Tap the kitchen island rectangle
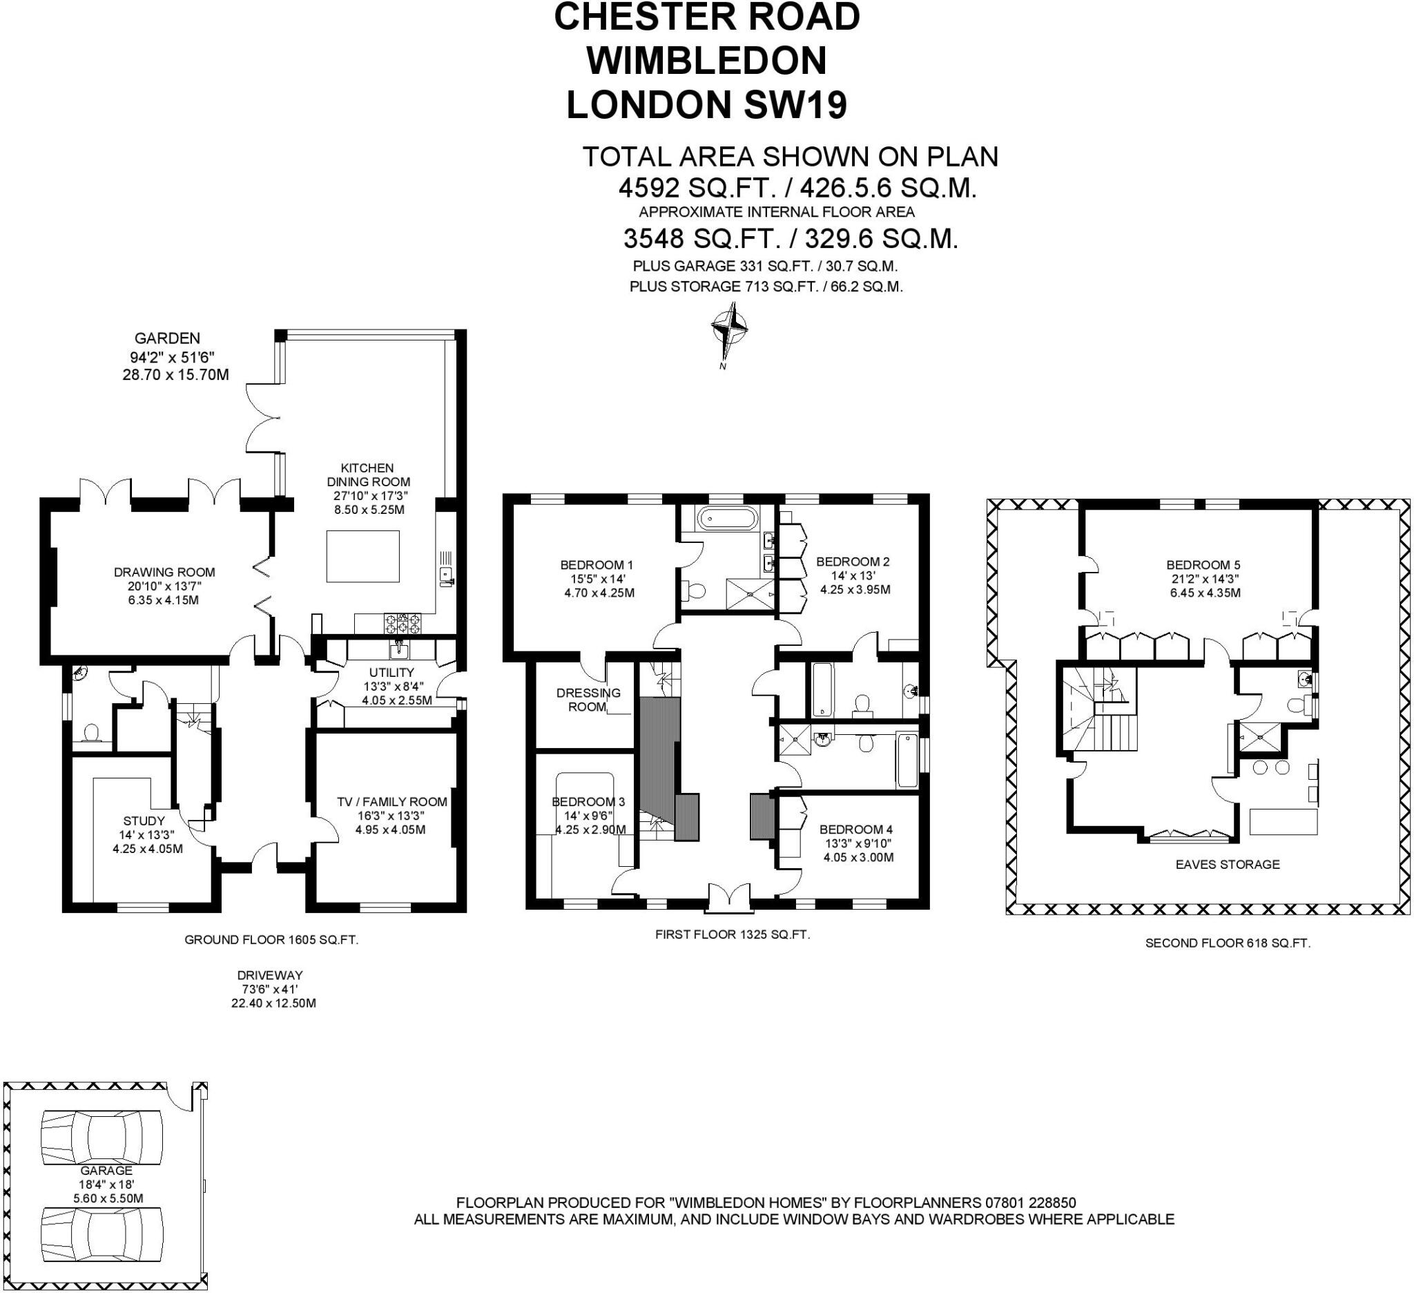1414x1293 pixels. coord(362,556)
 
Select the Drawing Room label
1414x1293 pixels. coord(164,573)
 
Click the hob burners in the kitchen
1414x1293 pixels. coord(403,622)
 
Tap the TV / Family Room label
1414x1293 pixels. coord(391,802)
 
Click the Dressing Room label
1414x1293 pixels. coord(588,700)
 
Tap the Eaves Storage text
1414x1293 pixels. coord(1228,864)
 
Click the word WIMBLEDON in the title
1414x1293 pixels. coord(707,61)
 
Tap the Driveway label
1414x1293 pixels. coord(269,975)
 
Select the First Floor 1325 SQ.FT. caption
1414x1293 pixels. coord(733,935)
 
